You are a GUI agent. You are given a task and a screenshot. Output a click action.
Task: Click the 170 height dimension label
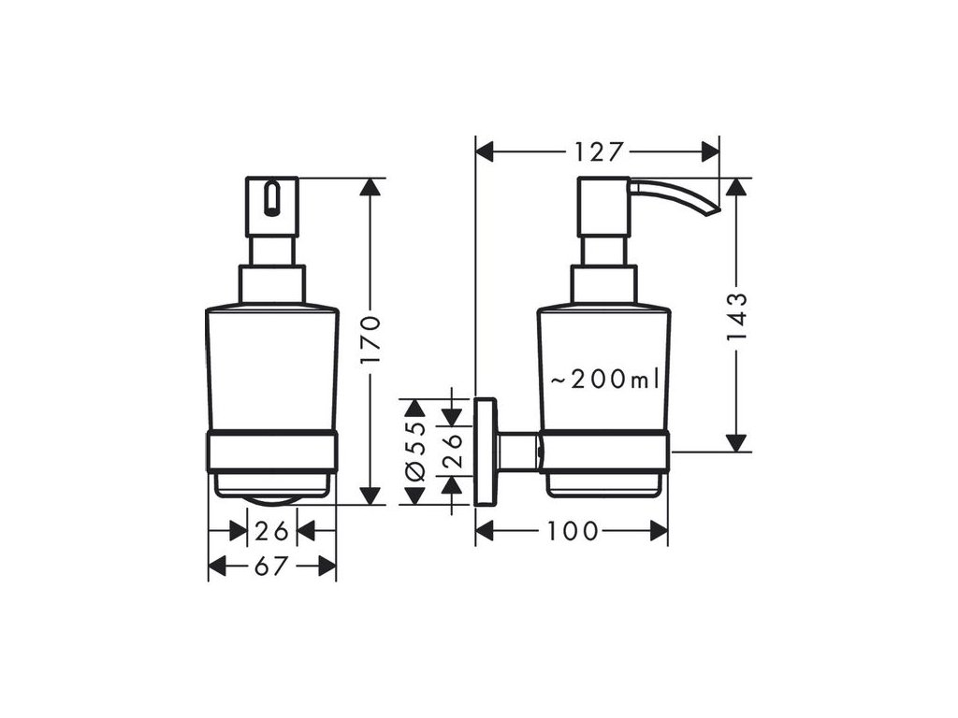click(x=371, y=340)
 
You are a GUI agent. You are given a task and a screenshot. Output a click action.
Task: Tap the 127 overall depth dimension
click(x=600, y=151)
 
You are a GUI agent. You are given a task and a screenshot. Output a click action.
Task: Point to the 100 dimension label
click(x=573, y=531)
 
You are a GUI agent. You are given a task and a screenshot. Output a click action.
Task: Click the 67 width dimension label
click(x=271, y=566)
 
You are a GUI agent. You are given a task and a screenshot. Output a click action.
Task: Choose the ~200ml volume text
click(x=604, y=380)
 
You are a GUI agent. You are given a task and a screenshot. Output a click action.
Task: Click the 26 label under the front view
click(x=271, y=531)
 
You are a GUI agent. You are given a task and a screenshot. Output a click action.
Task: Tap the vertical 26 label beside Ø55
click(x=452, y=439)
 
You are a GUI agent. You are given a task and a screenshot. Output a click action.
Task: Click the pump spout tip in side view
click(x=713, y=210)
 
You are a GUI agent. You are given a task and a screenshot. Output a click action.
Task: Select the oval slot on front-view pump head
click(x=272, y=198)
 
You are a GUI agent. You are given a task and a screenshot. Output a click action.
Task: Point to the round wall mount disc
click(x=485, y=452)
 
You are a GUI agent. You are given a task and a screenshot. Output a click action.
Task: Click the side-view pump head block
click(x=602, y=206)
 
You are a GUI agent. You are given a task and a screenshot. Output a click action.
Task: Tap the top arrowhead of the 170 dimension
click(x=371, y=187)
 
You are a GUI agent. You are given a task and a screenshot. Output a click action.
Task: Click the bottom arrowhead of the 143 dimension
click(x=737, y=442)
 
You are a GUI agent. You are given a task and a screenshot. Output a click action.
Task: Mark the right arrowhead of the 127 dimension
click(x=710, y=151)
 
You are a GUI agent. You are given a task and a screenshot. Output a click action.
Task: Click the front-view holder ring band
click(x=271, y=451)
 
